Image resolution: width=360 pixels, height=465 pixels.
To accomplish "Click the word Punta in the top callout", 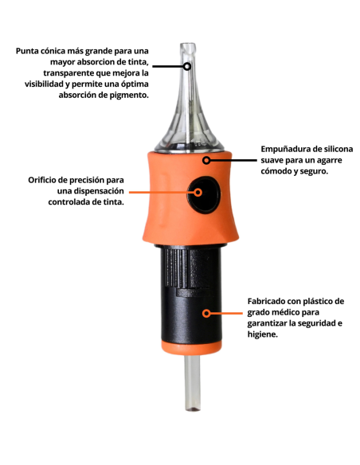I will point(30,52).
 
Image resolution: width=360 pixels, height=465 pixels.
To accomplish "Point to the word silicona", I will point(339,149).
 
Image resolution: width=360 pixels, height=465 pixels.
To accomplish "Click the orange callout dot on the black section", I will point(205,313).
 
